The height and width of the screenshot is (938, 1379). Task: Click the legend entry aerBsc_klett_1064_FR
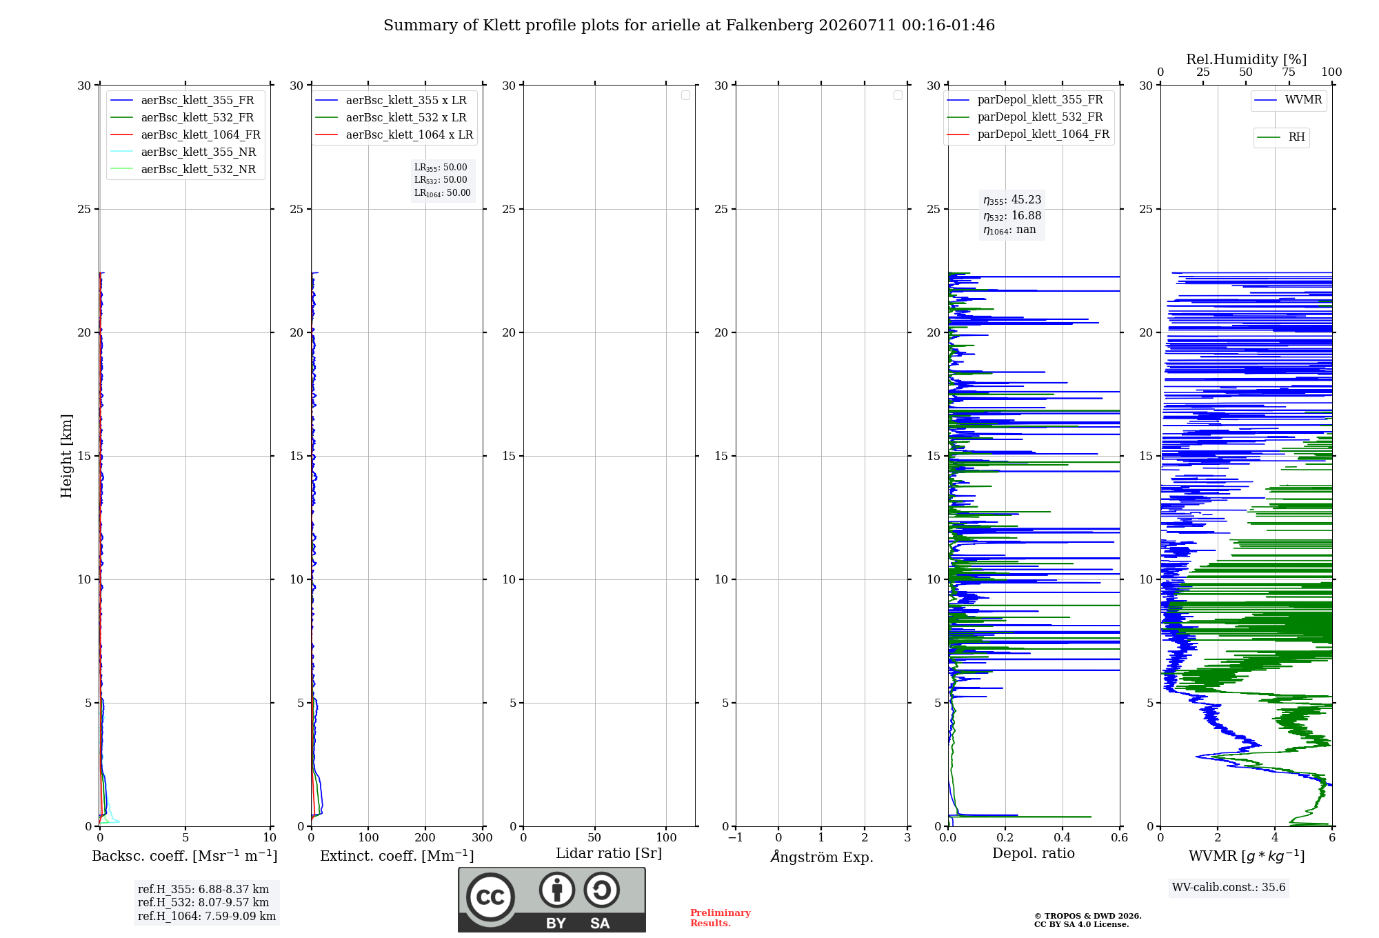[x=185, y=134]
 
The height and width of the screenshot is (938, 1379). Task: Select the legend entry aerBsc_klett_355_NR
[x=183, y=152]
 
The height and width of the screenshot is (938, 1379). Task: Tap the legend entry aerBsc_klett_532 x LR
[x=391, y=117]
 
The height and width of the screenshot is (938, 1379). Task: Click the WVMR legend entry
[x=1288, y=100]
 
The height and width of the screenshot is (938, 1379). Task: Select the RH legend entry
[x=1281, y=137]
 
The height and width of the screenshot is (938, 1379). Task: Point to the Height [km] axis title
[x=66, y=456]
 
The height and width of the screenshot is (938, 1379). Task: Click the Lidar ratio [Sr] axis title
[x=609, y=853]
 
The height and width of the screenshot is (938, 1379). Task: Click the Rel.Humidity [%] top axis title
[x=1246, y=59]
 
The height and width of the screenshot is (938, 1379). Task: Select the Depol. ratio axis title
[x=1034, y=853]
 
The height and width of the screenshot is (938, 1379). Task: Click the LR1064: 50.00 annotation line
[x=442, y=193]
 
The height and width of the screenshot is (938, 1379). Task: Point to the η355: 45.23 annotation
[x=1012, y=200]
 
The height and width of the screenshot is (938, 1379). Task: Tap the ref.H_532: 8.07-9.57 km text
[x=203, y=903]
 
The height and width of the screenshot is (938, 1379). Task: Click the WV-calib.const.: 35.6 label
[x=1229, y=888]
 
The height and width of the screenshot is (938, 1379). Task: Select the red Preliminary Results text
[x=721, y=918]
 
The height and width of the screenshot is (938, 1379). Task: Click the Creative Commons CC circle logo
[x=490, y=897]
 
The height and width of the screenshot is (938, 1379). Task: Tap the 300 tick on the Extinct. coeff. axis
[x=483, y=838]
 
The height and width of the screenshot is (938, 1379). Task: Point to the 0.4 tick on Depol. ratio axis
[x=1063, y=838]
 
